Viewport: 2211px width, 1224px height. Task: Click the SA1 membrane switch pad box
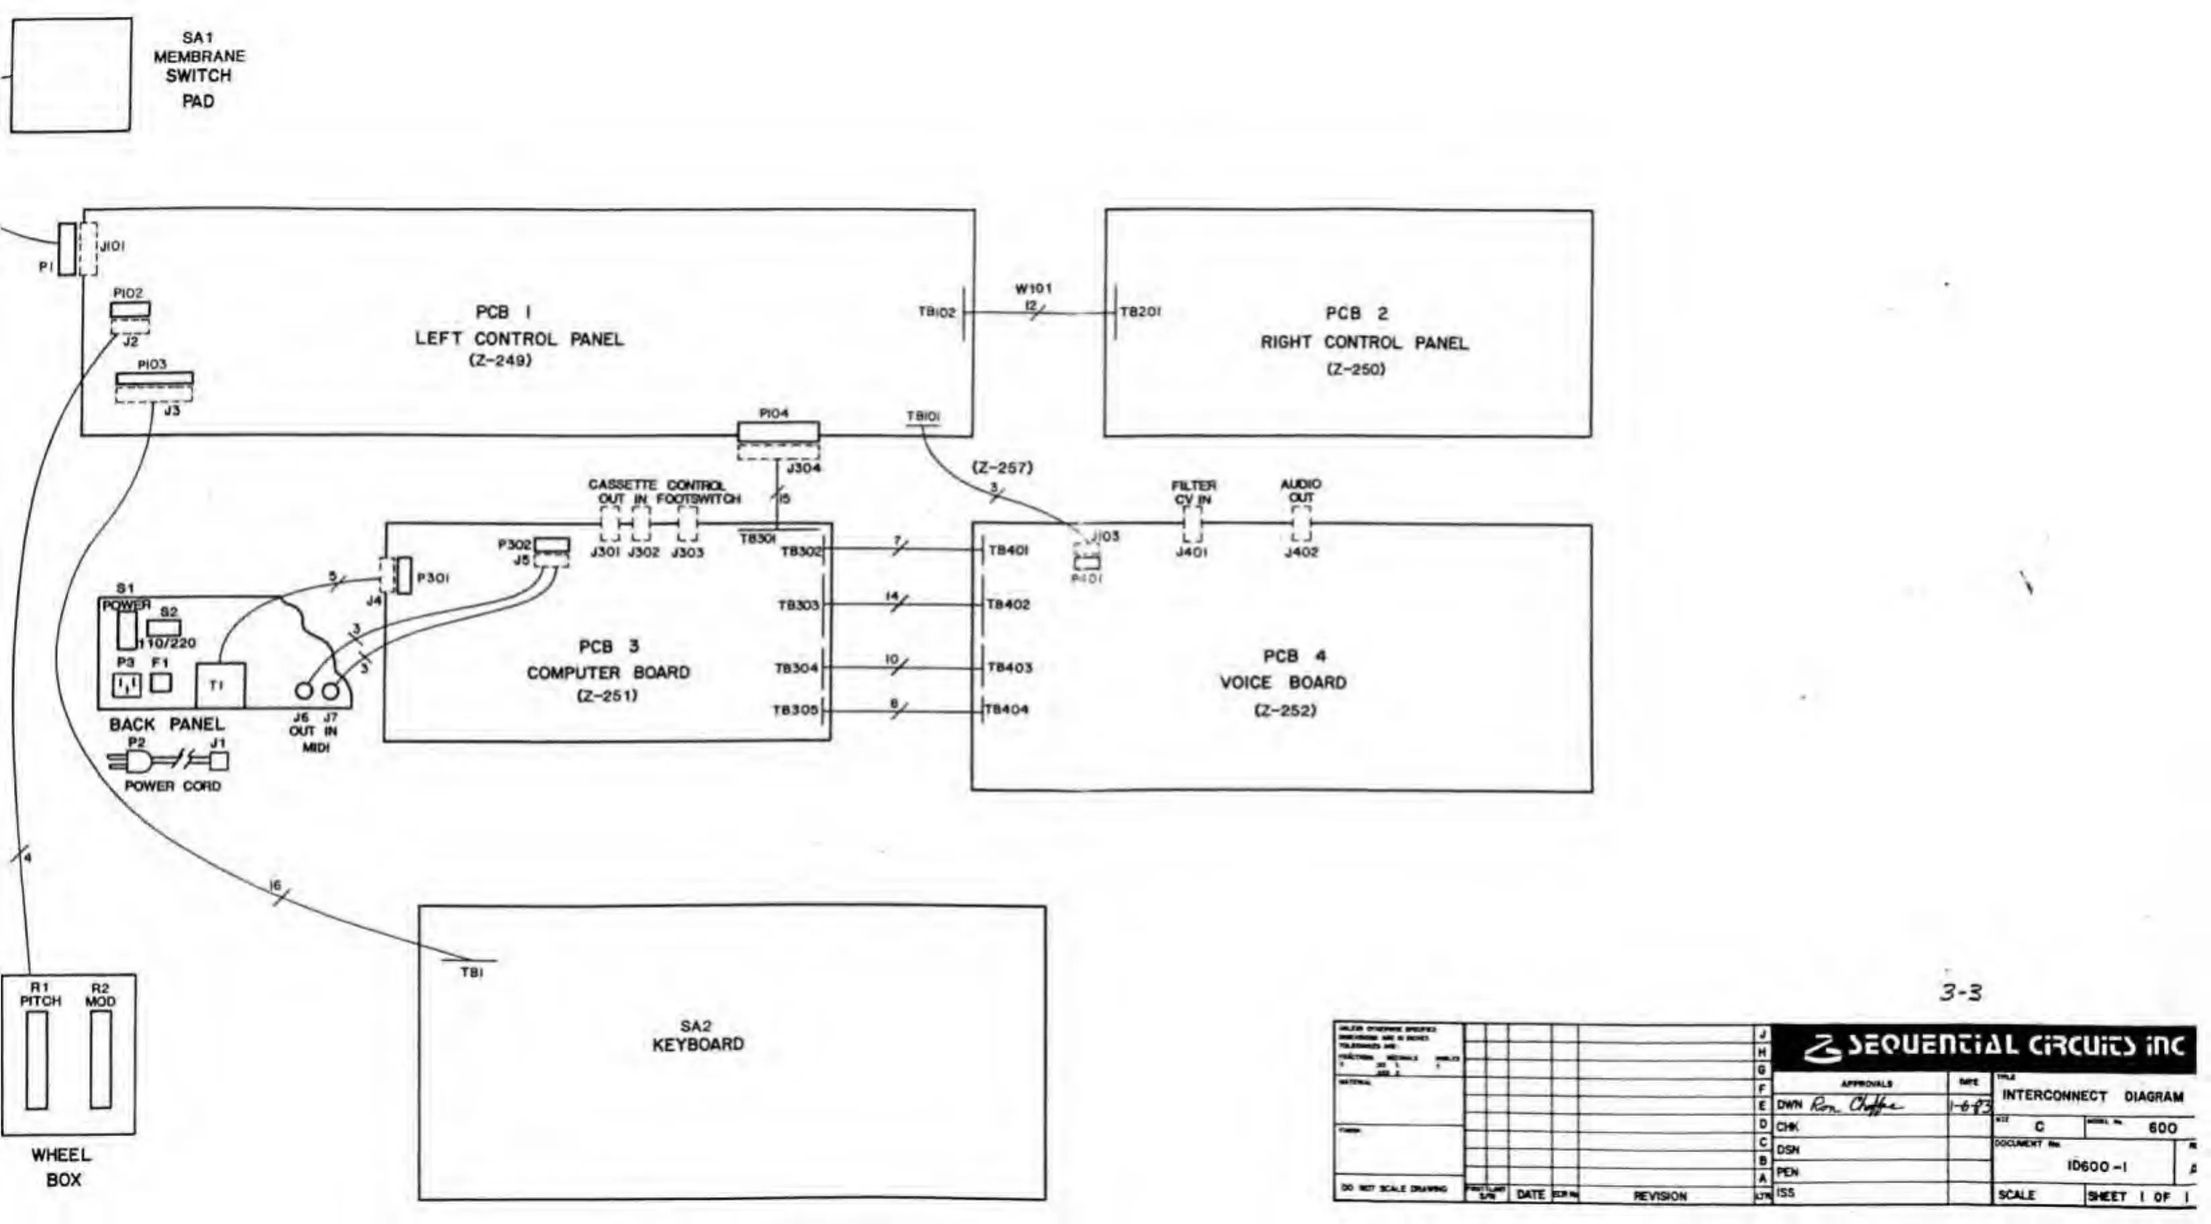pos(70,76)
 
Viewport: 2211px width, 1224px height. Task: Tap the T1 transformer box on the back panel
pos(221,686)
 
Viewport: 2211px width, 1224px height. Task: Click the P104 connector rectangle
pos(779,431)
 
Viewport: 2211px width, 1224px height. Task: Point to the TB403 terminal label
pos(1010,668)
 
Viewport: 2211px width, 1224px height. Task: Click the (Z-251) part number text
pos(608,696)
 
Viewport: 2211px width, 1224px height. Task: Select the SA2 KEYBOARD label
pos(698,1035)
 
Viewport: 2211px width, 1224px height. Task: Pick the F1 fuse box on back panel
pos(160,683)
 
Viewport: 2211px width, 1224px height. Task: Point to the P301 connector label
pos(432,578)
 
